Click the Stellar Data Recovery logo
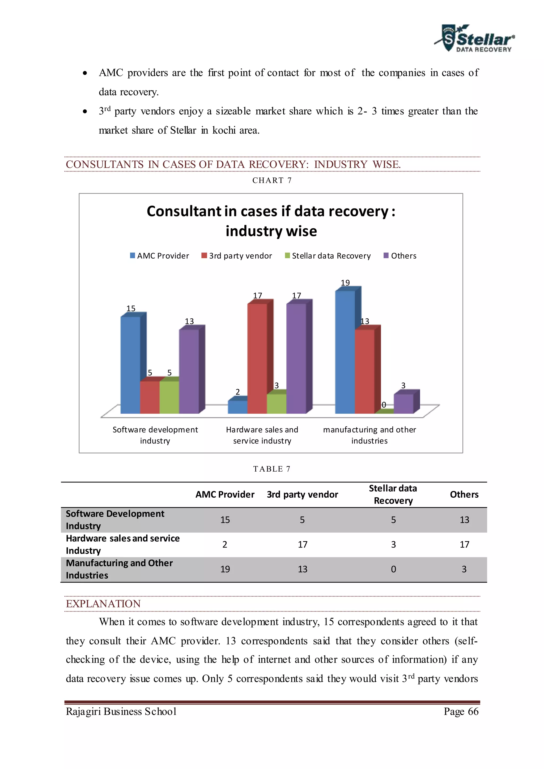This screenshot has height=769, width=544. pos(475,39)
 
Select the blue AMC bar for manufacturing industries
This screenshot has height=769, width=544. pos(345,352)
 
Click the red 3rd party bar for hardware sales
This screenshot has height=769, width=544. pos(257,358)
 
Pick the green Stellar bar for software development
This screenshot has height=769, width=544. pos(169,397)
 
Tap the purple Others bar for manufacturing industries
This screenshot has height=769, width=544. pos(403,404)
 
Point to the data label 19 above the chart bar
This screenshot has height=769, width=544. pos(345,283)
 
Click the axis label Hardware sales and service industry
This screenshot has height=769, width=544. pos(262,435)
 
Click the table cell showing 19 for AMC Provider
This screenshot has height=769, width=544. pos(225,569)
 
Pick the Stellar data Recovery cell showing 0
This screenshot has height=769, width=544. pos(393,569)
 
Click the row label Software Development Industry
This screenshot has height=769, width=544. pos(115,519)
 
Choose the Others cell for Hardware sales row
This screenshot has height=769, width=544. pos(464,545)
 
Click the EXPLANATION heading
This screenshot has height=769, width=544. pos(103,604)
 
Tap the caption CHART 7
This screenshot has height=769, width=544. pos(272,181)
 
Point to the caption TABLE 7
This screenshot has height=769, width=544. pos(272,469)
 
